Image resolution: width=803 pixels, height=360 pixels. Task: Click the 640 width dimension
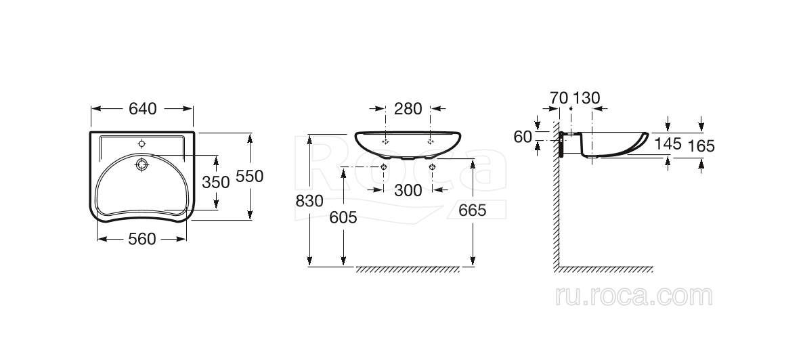click(x=142, y=108)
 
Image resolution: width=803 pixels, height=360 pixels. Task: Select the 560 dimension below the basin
click(x=142, y=238)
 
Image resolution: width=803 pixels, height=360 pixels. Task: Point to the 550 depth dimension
click(x=249, y=176)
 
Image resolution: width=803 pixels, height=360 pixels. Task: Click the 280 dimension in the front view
click(x=408, y=108)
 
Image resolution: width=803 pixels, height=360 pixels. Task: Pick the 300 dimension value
click(x=408, y=190)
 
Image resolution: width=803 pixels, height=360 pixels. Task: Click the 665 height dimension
click(x=472, y=210)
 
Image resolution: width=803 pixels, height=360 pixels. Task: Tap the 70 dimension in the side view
click(x=559, y=97)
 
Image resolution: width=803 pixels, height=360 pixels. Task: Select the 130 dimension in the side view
click(x=587, y=97)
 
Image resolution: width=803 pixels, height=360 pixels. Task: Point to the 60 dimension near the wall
click(x=523, y=136)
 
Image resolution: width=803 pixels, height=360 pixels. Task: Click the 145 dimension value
click(x=668, y=143)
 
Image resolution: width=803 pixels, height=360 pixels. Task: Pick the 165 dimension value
click(x=701, y=145)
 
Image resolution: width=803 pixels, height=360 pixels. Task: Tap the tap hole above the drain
click(x=142, y=143)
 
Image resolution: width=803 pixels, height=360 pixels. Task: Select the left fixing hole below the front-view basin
click(x=384, y=166)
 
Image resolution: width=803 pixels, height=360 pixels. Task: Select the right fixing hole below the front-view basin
click(x=432, y=166)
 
